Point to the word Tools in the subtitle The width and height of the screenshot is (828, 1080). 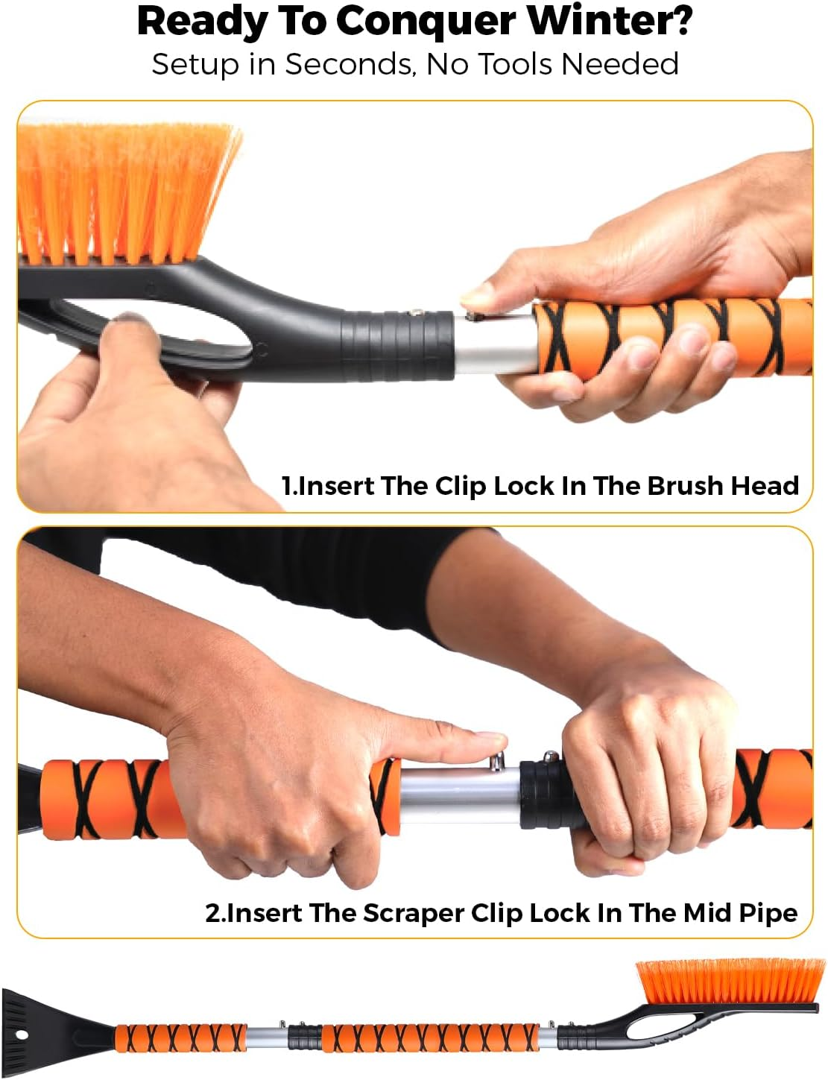[516, 64]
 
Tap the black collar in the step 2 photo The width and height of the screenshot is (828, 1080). [544, 794]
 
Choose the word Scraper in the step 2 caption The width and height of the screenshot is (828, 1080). [414, 913]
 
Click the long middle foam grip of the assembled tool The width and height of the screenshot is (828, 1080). [428, 1038]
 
